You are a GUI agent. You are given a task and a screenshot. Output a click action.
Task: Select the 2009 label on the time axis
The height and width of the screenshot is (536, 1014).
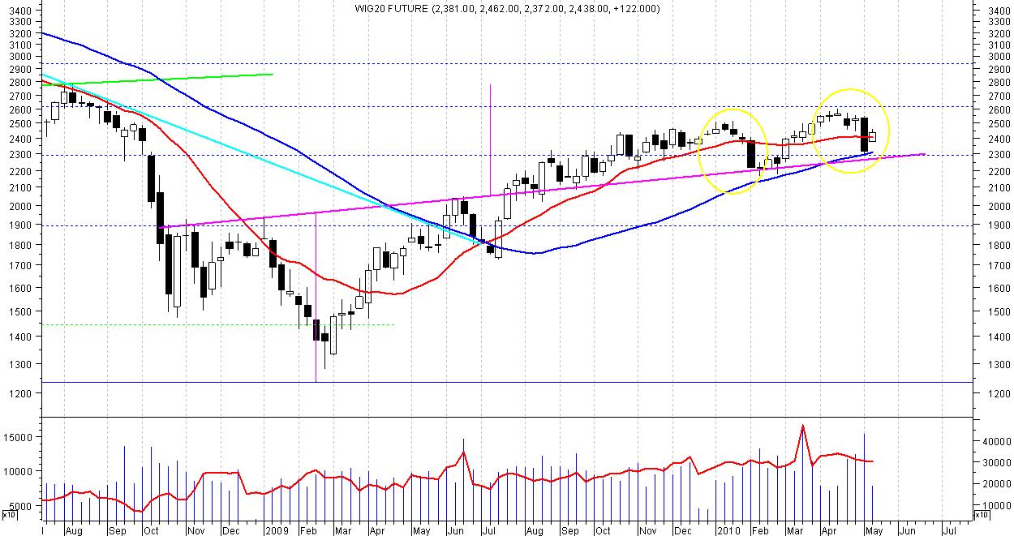[278, 530]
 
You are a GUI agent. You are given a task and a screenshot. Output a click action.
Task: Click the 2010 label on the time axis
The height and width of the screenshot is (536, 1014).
[727, 530]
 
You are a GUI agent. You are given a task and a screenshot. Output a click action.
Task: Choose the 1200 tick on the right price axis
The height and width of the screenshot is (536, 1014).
[993, 393]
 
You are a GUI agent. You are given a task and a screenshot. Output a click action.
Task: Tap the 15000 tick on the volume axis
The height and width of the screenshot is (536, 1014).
[19, 437]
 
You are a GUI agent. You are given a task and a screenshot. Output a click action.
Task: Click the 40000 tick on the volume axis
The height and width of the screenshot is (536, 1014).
[995, 442]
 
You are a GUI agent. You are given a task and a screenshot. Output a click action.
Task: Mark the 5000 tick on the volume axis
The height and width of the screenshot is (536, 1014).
[22, 506]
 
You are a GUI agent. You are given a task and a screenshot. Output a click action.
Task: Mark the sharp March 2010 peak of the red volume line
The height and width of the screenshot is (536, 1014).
[802, 426]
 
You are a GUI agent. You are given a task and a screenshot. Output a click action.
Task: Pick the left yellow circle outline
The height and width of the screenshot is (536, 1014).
[699, 151]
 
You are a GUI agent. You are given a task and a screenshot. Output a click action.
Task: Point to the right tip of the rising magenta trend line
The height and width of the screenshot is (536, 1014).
[926, 154]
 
